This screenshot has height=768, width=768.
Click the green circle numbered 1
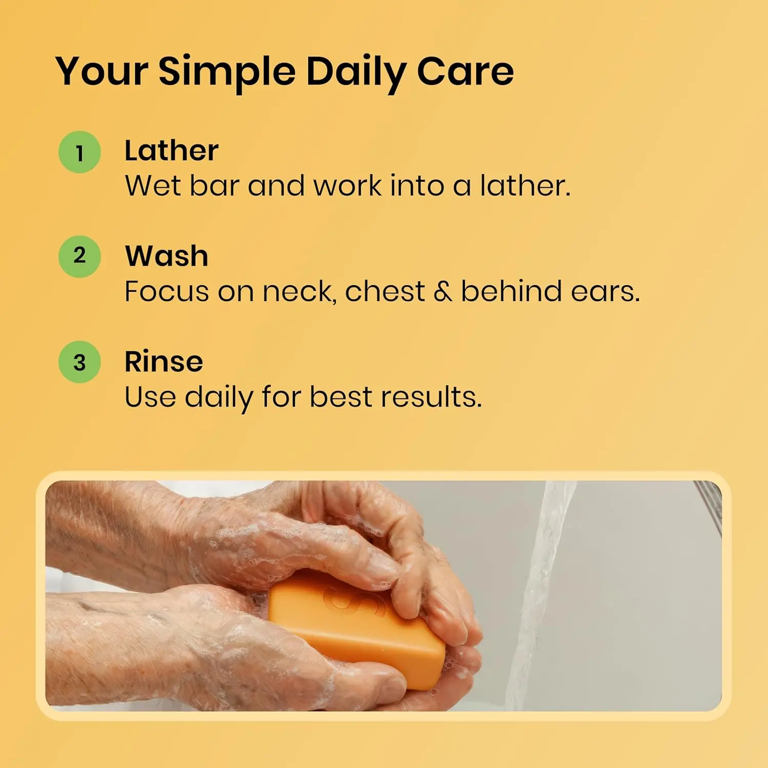(x=79, y=152)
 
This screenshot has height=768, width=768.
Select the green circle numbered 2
(x=79, y=256)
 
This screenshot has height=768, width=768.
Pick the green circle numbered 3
(x=79, y=362)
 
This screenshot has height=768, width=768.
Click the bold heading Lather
(x=172, y=151)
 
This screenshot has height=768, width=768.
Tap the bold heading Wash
(x=166, y=256)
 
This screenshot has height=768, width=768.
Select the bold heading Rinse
(x=164, y=361)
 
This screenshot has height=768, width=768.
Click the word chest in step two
(x=385, y=292)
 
